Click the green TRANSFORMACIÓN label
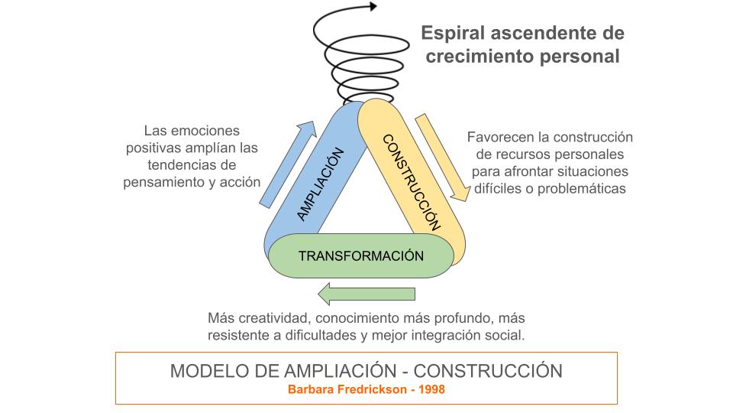point(360,256)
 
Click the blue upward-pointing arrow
point(287,163)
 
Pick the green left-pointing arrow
point(366,294)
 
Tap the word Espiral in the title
point(454,34)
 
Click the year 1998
point(429,389)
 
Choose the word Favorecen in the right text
point(499,138)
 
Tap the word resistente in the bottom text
point(241,335)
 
